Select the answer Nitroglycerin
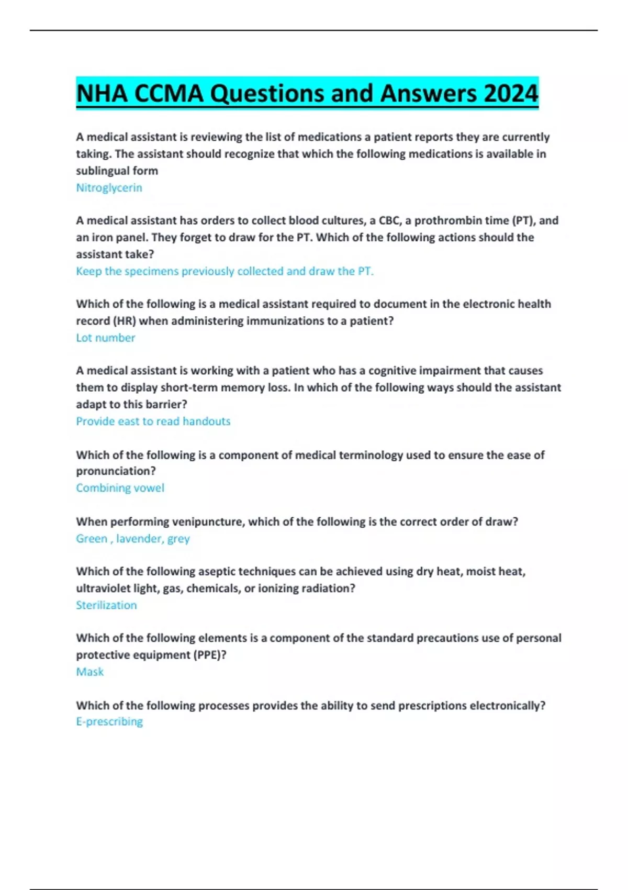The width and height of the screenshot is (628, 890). [109, 187]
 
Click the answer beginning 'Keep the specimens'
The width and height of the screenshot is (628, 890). [225, 271]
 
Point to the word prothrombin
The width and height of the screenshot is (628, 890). [444, 220]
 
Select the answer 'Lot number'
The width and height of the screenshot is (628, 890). [105, 338]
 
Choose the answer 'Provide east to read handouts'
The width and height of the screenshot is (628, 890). [153, 421]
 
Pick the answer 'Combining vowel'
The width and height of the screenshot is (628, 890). [120, 488]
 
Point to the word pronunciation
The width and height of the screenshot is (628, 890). [116, 471]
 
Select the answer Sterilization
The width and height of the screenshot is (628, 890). [106, 605]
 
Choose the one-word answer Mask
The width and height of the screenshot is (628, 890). [90, 672]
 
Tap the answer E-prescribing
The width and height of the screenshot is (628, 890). [109, 721]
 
